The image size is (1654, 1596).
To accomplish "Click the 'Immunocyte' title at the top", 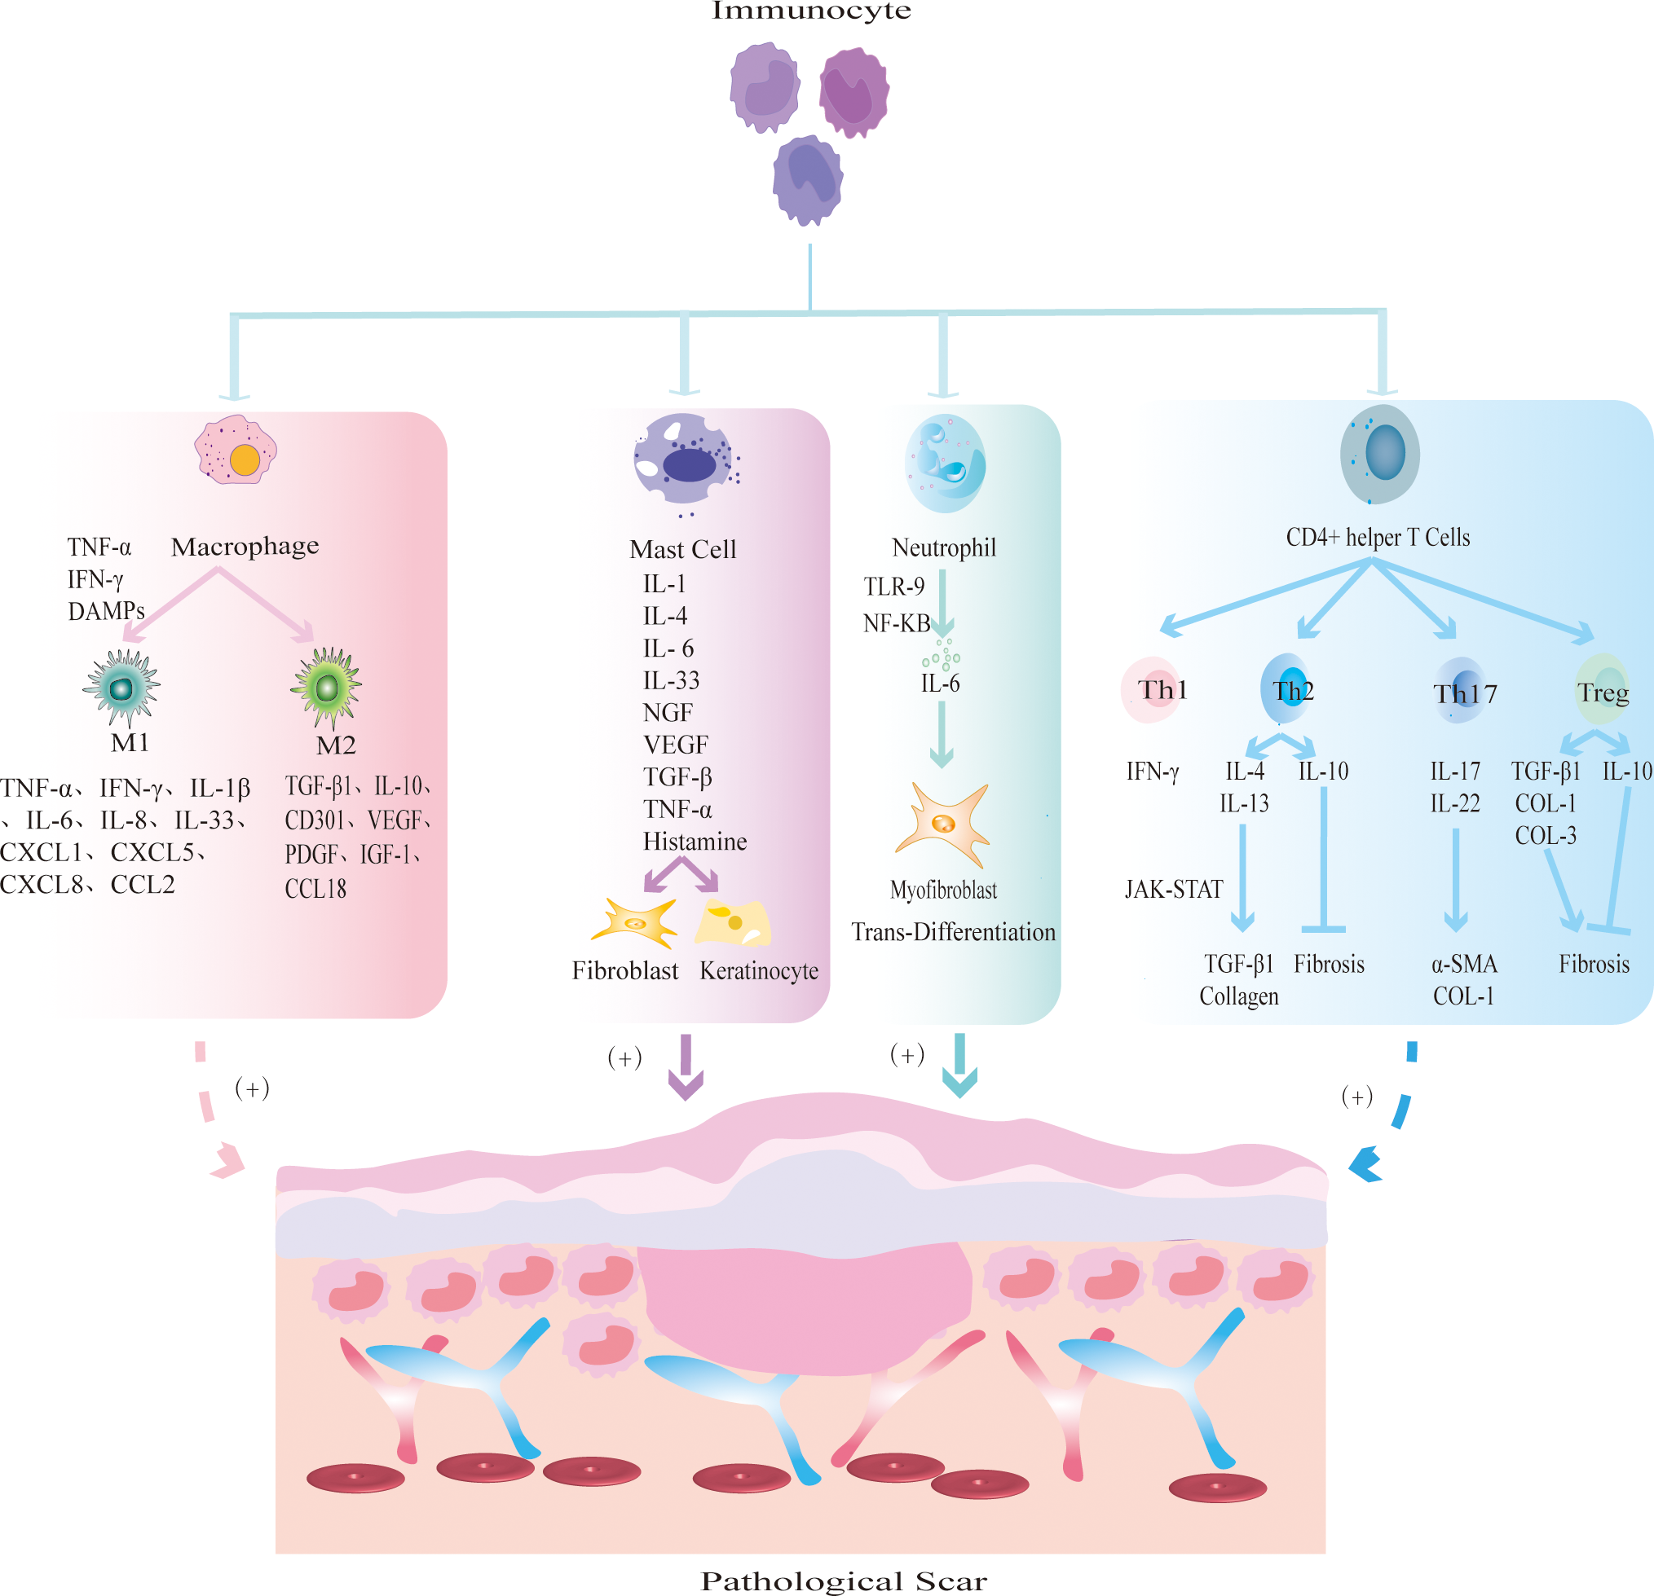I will pyautogui.click(x=811, y=11).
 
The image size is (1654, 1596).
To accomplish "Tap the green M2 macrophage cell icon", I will pyautogui.click(x=327, y=688).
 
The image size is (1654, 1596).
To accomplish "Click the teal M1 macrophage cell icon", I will pyautogui.click(x=122, y=688).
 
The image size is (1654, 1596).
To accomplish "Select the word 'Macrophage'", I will pyautogui.click(x=245, y=547).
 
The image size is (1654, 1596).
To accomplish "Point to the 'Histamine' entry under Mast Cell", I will pyautogui.click(x=695, y=842).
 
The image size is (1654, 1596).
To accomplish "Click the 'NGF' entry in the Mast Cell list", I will pyautogui.click(x=668, y=713).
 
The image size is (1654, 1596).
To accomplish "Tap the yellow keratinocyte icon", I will pyautogui.click(x=733, y=924).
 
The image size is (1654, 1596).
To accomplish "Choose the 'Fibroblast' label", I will pyautogui.click(x=624, y=971).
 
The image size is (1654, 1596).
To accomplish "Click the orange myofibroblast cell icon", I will pyautogui.click(x=943, y=824).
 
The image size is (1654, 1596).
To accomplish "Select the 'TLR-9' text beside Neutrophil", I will pyautogui.click(x=893, y=587).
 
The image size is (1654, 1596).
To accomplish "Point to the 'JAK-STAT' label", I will pyautogui.click(x=1173, y=890).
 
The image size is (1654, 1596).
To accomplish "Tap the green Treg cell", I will pyautogui.click(x=1602, y=690).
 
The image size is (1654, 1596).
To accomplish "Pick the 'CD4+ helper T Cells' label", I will pyautogui.click(x=1377, y=538).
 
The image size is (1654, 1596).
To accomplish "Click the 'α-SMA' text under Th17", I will pyautogui.click(x=1463, y=964).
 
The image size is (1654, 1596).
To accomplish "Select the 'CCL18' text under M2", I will pyautogui.click(x=315, y=889).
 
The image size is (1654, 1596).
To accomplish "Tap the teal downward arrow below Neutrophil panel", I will pyautogui.click(x=959, y=1066).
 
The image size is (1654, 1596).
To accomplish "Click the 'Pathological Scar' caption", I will pyautogui.click(x=843, y=1581).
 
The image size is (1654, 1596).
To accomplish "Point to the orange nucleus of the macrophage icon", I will pyautogui.click(x=245, y=459).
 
